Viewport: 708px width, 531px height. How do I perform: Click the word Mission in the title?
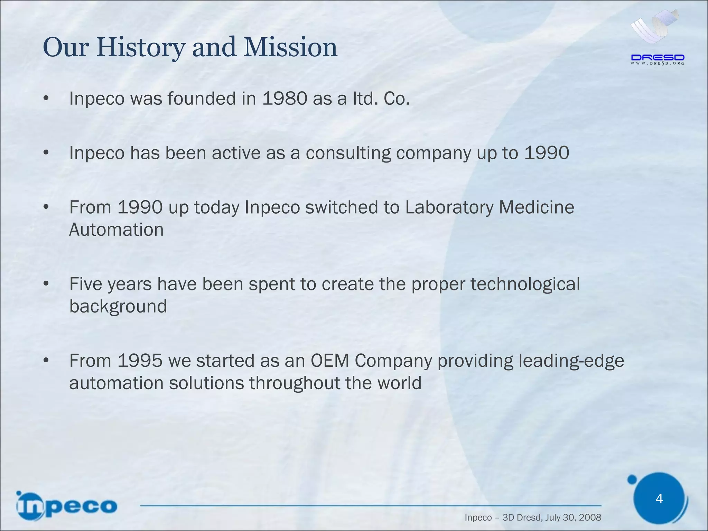pyautogui.click(x=290, y=47)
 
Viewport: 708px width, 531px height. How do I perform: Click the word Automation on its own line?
pyautogui.click(x=117, y=230)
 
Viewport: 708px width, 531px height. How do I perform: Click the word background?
pyautogui.click(x=118, y=307)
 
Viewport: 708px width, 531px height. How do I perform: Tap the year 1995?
pyautogui.click(x=140, y=361)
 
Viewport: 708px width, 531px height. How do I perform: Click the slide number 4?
pyautogui.click(x=659, y=499)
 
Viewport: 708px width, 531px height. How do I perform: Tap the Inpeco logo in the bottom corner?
pyautogui.click(x=67, y=506)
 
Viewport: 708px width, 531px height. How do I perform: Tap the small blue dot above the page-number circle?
pyautogui.click(x=632, y=479)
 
